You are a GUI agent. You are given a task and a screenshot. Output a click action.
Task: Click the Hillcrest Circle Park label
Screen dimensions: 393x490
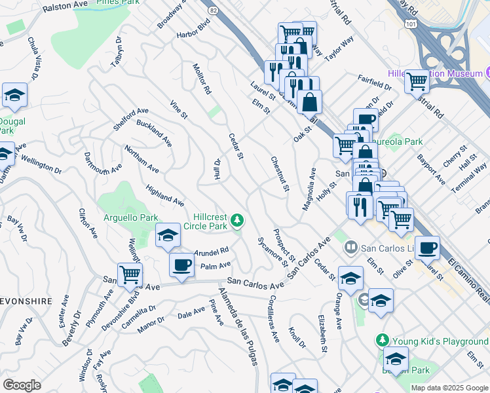pyautogui.click(x=210, y=222)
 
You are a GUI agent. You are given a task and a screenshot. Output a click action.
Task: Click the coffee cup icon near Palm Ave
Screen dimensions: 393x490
pyautogui.click(x=181, y=265)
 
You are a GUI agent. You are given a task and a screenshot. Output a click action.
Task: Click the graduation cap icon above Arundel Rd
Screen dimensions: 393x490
pyautogui.click(x=168, y=235)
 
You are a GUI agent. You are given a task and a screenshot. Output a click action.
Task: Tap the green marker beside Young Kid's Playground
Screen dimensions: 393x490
pyautogui.click(x=383, y=340)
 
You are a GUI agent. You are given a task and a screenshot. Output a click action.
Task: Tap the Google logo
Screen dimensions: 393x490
pyautogui.click(x=22, y=385)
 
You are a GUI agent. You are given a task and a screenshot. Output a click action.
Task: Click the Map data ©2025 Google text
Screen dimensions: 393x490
pyautogui.click(x=449, y=388)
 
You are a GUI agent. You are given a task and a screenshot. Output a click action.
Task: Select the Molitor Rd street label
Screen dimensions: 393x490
pyautogui.click(x=202, y=78)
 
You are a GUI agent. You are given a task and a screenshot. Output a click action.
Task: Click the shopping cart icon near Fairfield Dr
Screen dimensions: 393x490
pyautogui.click(x=416, y=82)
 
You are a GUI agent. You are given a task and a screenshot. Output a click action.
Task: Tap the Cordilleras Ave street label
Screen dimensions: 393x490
pyautogui.click(x=273, y=319)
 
